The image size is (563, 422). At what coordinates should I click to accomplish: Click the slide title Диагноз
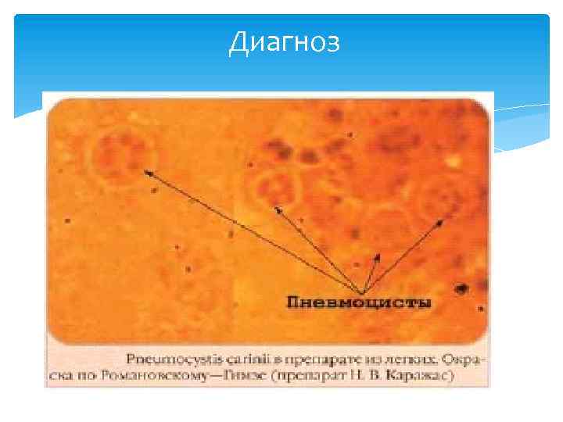click(284, 43)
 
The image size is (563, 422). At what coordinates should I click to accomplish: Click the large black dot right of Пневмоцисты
click(461, 288)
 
